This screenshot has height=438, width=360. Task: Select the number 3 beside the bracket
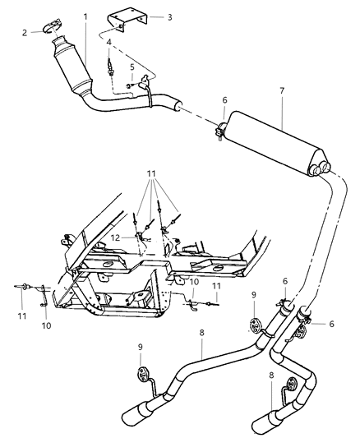click(x=168, y=16)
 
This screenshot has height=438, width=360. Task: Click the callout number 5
click(x=132, y=67)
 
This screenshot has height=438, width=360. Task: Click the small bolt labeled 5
click(x=130, y=83)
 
